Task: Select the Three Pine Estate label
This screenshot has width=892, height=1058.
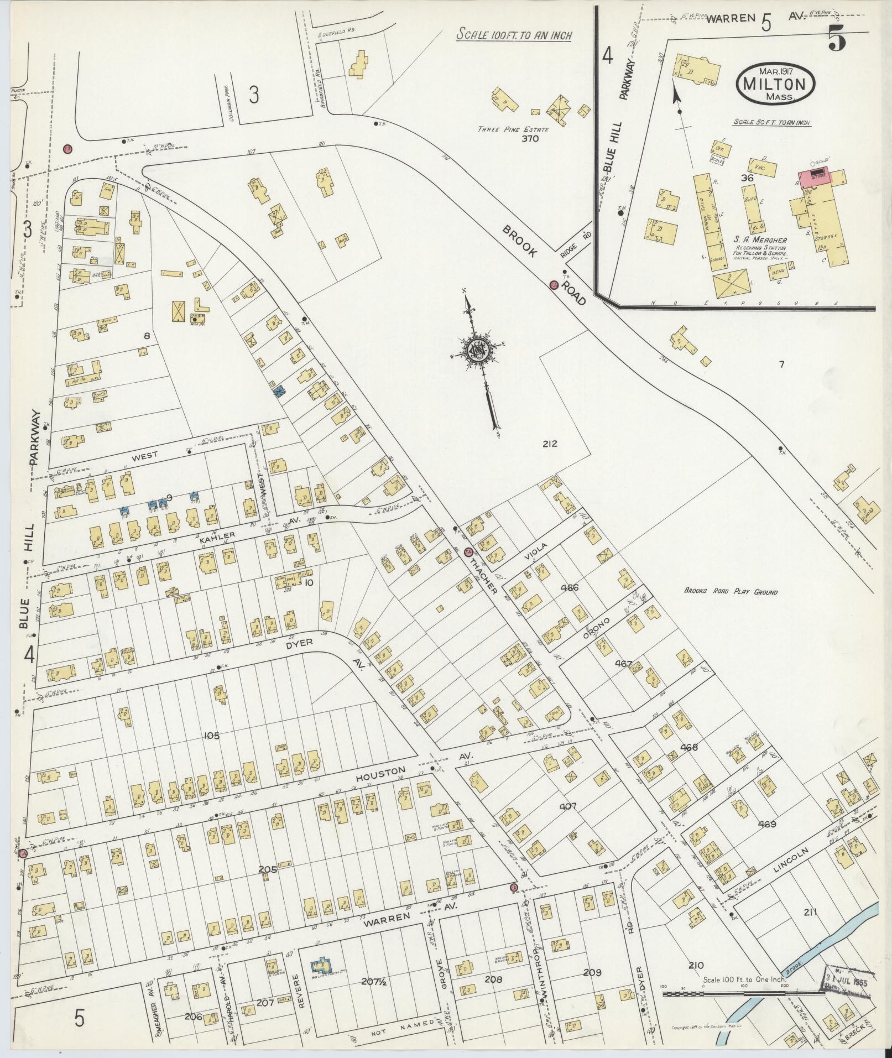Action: tap(514, 129)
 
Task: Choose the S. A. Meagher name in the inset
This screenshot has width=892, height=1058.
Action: tap(760, 240)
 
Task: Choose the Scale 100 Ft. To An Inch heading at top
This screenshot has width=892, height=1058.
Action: tap(514, 35)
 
